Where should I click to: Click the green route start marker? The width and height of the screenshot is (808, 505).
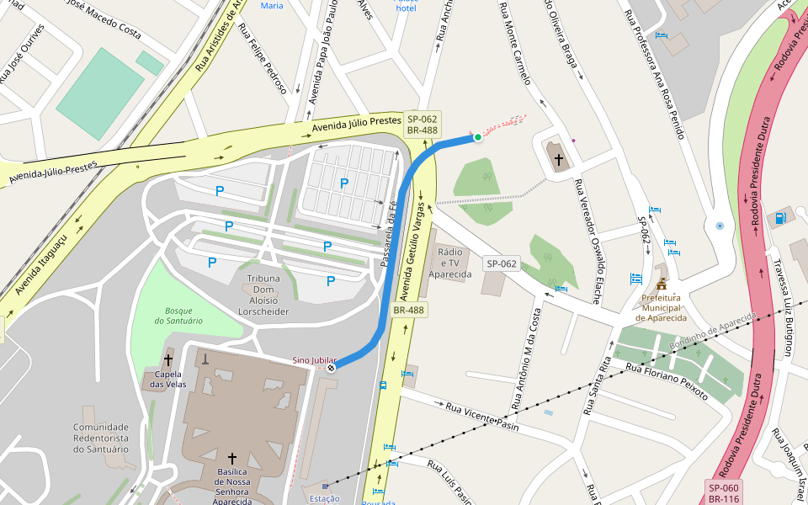[477, 136]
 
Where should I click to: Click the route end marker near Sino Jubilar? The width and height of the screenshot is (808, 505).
[332, 367]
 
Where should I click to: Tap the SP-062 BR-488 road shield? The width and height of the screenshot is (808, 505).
[422, 124]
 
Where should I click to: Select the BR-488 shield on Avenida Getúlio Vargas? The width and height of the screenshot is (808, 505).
[408, 311]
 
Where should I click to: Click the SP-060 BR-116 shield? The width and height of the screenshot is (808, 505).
[723, 493]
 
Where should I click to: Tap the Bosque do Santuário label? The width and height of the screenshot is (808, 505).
[178, 315]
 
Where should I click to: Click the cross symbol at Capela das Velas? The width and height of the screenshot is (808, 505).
[168, 360]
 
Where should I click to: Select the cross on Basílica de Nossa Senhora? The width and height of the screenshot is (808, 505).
[232, 459]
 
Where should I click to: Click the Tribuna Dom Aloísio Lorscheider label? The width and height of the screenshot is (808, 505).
[268, 295]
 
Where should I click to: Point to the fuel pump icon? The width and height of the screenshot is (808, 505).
[780, 219]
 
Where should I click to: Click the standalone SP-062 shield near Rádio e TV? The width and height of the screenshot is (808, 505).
[501, 263]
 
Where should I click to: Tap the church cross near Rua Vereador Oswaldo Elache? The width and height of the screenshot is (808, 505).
[558, 158]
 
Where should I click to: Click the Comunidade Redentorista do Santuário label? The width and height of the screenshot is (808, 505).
[101, 438]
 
